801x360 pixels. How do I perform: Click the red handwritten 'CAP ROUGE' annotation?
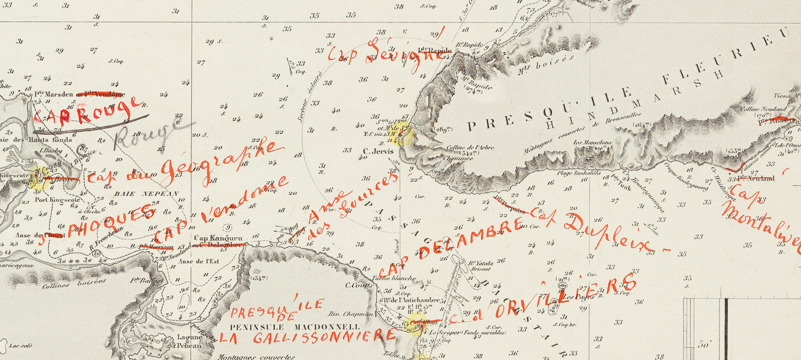pyautogui.click(x=89, y=111)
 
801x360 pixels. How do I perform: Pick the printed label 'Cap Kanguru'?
pyautogui.click(x=210, y=238)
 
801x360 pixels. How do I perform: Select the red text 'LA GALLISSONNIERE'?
pyautogui.click(x=306, y=338)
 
